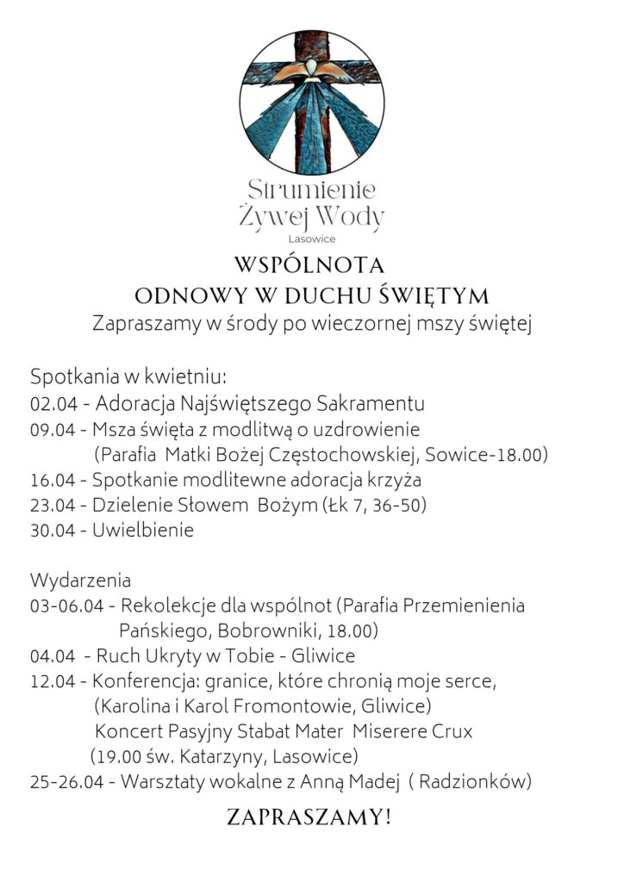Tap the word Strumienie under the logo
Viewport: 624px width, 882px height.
(311, 189)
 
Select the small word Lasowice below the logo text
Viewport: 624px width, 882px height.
(312, 239)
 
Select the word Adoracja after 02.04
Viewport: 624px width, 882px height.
(135, 404)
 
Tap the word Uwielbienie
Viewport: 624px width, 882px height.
(143, 531)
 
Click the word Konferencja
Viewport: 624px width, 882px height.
(143, 681)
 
